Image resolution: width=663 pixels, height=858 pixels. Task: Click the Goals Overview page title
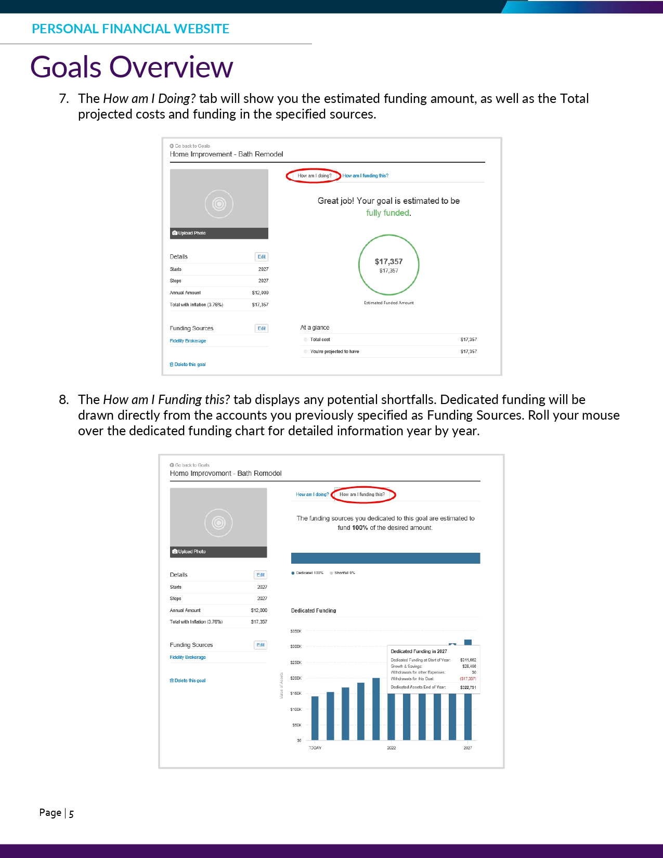[x=132, y=67]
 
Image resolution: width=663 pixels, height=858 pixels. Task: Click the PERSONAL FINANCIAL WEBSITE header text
[x=131, y=29]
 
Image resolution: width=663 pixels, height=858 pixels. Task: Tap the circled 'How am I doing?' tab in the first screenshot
[x=314, y=176]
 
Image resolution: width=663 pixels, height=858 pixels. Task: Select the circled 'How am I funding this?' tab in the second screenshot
[x=362, y=495]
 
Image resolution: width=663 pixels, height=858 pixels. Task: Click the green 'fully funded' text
[x=388, y=213]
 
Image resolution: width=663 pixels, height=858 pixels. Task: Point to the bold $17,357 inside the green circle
[x=389, y=262]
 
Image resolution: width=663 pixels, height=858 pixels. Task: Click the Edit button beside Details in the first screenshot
[x=262, y=257]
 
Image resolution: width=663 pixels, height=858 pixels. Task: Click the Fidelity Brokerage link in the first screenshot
[x=188, y=341]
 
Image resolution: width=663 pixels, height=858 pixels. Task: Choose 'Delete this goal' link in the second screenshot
[x=188, y=681]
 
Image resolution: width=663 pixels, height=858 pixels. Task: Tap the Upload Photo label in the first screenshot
[x=192, y=233]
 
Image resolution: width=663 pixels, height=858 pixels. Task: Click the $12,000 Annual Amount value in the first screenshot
[x=260, y=293]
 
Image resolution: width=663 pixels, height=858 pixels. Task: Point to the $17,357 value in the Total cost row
[x=469, y=340]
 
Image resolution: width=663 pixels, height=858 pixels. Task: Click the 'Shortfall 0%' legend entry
[x=344, y=573]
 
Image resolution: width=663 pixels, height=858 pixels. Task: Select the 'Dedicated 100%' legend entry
[x=309, y=573]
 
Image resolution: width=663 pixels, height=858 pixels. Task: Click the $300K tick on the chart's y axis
[x=296, y=647]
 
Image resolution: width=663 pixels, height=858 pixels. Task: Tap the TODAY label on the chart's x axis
[x=315, y=748]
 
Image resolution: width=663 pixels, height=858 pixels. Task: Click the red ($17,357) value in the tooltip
[x=467, y=679]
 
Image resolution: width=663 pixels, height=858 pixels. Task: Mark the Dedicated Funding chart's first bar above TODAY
[x=315, y=718]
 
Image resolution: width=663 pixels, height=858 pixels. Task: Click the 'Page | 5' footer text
[x=57, y=813]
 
